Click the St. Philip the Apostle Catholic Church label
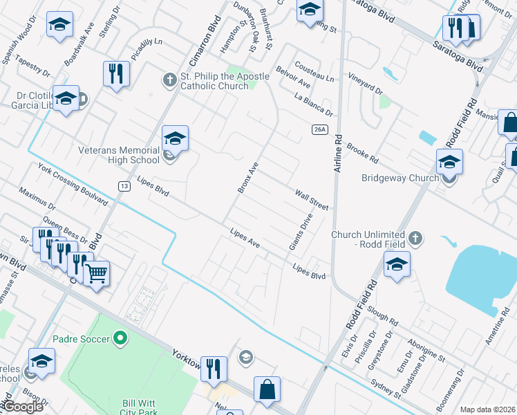click(214, 81)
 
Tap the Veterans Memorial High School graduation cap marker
click(175, 140)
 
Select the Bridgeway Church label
click(400, 178)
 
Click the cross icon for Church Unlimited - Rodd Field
click(415, 239)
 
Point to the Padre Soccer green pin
click(121, 339)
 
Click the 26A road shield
click(319, 129)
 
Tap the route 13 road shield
click(124, 186)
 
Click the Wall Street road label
click(312, 199)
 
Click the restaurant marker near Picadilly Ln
click(115, 74)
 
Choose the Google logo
click(23, 407)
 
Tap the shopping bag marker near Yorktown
click(267, 389)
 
